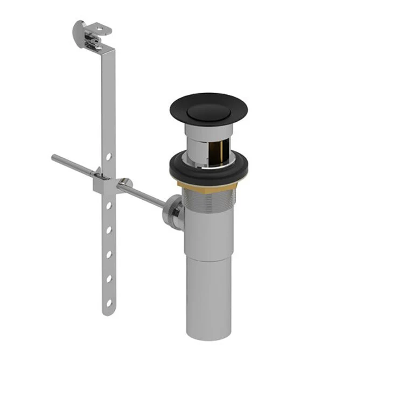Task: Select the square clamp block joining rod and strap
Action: pos(102,184)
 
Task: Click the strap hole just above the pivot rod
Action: pos(109,157)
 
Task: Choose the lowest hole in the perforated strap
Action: pos(109,303)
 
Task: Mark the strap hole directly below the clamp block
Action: pos(109,206)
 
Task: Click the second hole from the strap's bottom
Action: pos(109,278)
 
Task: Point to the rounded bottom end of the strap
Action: pos(108,312)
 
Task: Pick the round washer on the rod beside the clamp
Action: pos(125,184)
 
